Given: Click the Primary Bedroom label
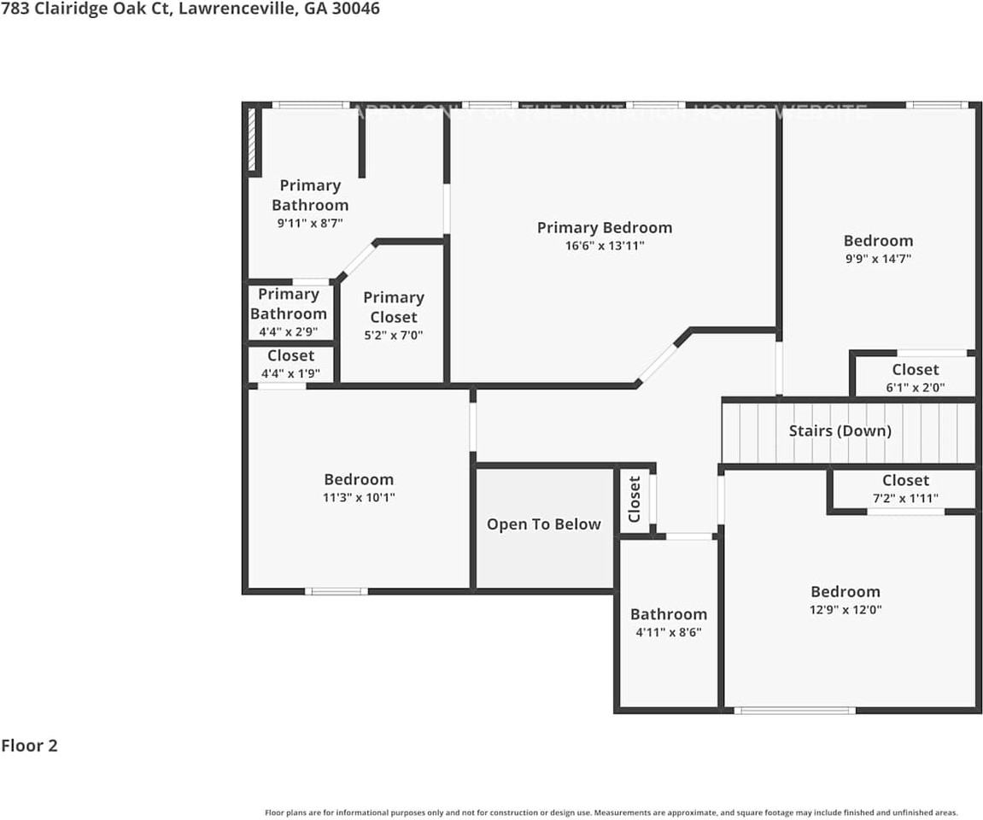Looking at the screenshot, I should click(604, 227).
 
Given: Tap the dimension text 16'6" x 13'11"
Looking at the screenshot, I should click(604, 246).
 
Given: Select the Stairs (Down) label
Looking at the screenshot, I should click(840, 430).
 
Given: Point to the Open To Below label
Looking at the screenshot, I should click(543, 524).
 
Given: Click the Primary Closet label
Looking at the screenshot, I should click(393, 307).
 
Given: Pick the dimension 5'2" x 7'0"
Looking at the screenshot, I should click(393, 336).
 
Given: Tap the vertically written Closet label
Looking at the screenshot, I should click(635, 499).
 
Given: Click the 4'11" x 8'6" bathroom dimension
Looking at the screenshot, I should click(668, 633).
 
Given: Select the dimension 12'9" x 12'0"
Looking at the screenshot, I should click(845, 610).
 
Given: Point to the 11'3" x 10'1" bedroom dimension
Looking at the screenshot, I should click(359, 497).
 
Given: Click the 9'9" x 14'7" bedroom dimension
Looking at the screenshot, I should click(877, 259).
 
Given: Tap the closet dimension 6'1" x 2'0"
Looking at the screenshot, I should click(915, 387).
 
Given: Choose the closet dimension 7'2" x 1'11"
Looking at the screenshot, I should click(905, 497).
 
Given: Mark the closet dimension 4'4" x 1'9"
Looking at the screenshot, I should click(290, 372).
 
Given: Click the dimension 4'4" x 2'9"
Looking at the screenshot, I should click(289, 331).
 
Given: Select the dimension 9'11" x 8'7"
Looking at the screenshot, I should click(309, 223).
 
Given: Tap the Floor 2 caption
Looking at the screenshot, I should click(29, 746).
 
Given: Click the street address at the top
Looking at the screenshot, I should click(190, 9).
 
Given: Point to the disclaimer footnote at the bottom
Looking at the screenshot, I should click(611, 813).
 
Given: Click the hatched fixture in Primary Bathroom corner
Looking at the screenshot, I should click(252, 140).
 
